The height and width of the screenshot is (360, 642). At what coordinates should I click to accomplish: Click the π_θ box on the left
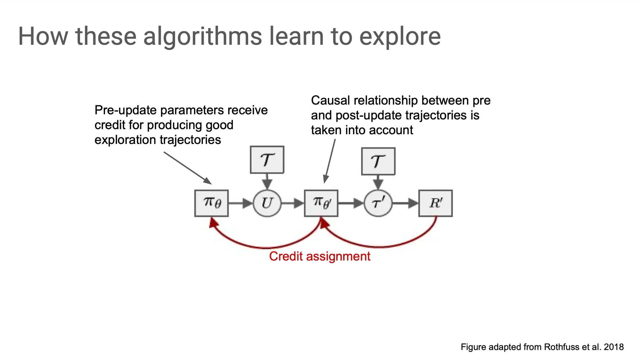click(211, 203)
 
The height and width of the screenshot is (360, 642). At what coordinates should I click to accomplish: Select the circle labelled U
click(267, 203)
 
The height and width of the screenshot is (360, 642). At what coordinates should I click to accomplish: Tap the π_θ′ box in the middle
click(321, 203)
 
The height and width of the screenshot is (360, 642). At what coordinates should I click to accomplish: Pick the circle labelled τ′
click(378, 203)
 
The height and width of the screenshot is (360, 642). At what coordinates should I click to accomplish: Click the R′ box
click(435, 203)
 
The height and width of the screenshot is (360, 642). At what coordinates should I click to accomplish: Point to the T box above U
click(267, 160)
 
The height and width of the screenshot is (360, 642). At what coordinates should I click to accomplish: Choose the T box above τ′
click(378, 161)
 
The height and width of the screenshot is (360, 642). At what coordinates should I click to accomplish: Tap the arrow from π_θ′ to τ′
click(351, 203)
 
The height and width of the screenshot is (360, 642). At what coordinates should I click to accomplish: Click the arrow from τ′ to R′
click(405, 203)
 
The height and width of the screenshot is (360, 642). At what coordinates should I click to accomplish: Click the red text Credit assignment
click(319, 257)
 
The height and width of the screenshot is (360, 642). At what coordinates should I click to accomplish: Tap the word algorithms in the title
click(203, 36)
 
